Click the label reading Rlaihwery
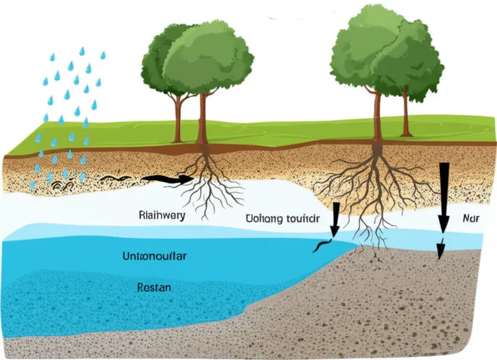(161, 216)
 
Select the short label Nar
(472, 218)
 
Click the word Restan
(153, 288)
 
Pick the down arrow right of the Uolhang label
(335, 219)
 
